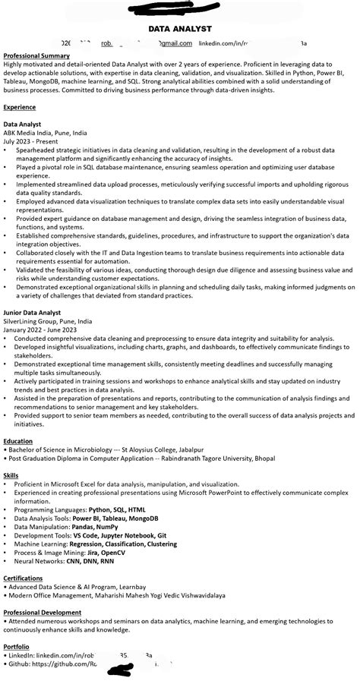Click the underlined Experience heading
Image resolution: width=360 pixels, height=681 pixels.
20,108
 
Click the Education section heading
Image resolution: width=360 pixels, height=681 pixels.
18,441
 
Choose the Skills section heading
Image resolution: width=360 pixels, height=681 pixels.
11,476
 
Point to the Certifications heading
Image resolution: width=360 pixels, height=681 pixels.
23,578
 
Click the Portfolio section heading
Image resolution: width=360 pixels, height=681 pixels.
17,646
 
